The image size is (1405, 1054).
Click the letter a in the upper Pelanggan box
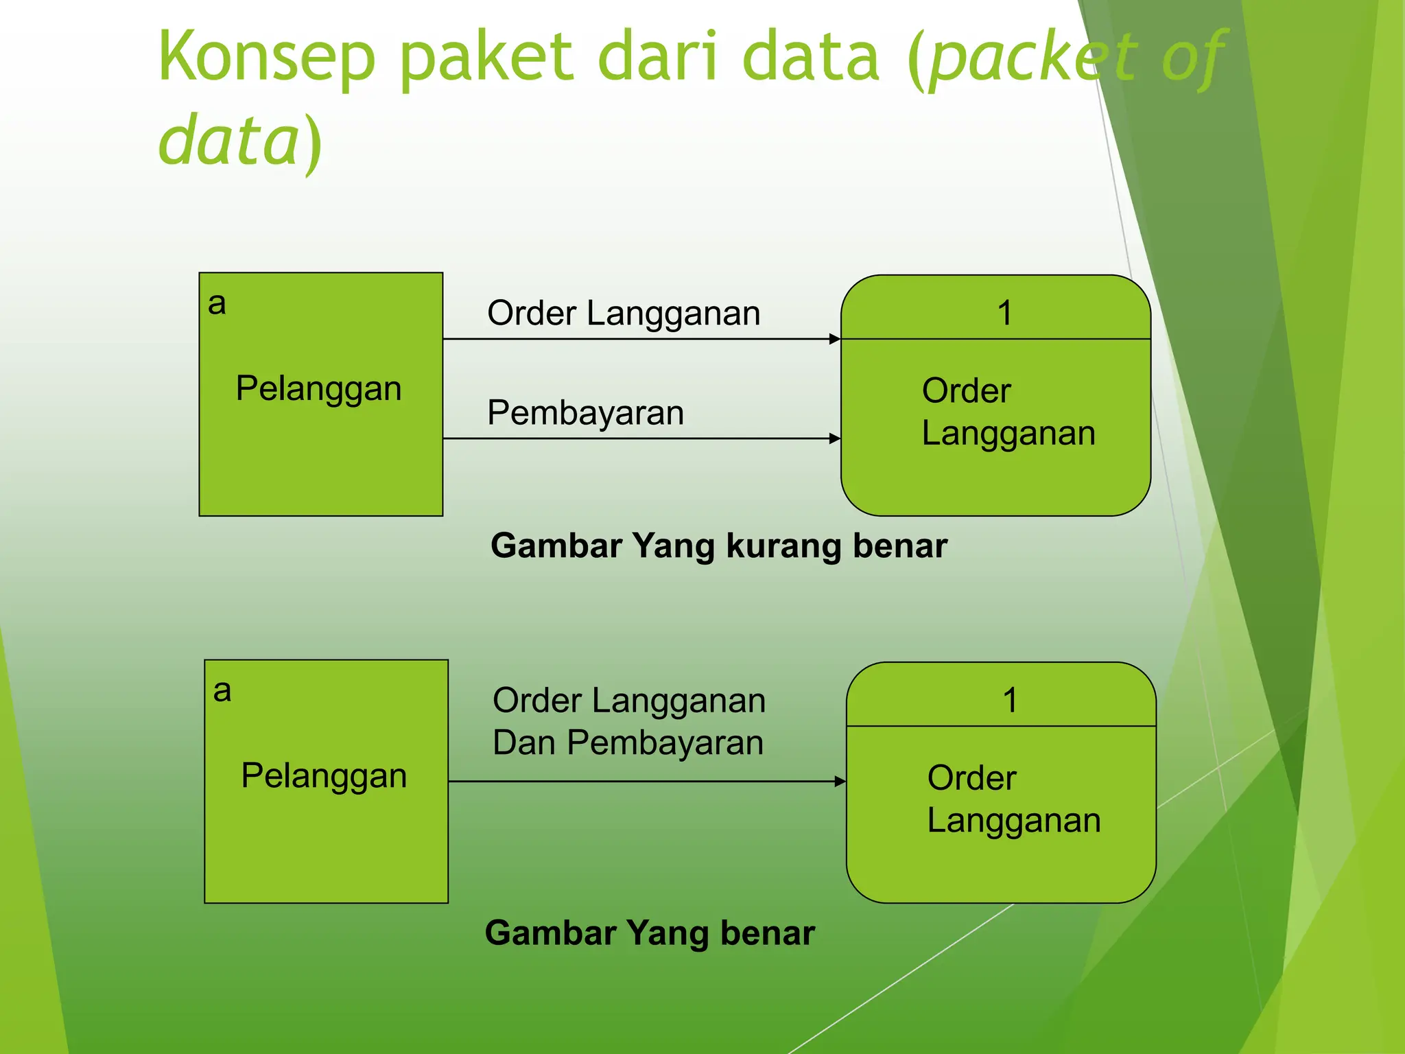point(217,303)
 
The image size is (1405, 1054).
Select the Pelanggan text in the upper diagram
point(318,388)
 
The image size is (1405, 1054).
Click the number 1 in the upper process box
point(1004,313)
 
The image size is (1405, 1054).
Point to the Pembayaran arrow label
point(585,413)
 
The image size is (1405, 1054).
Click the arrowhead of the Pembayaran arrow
point(835,438)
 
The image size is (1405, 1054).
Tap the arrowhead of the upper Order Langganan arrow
point(835,339)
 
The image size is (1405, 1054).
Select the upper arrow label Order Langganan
point(624,314)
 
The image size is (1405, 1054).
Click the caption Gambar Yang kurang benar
point(719,546)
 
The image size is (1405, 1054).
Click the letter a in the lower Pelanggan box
point(222,690)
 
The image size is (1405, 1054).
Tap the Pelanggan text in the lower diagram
point(324,776)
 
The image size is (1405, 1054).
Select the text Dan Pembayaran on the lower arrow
point(628,743)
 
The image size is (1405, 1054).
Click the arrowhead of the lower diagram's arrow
point(840,781)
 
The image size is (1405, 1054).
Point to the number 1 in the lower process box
point(1010,701)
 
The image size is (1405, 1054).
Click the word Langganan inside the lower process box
point(1014,821)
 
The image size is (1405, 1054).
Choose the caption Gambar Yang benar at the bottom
point(650,933)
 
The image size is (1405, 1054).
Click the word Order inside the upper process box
point(966,391)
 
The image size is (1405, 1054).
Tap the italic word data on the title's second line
point(228,141)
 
